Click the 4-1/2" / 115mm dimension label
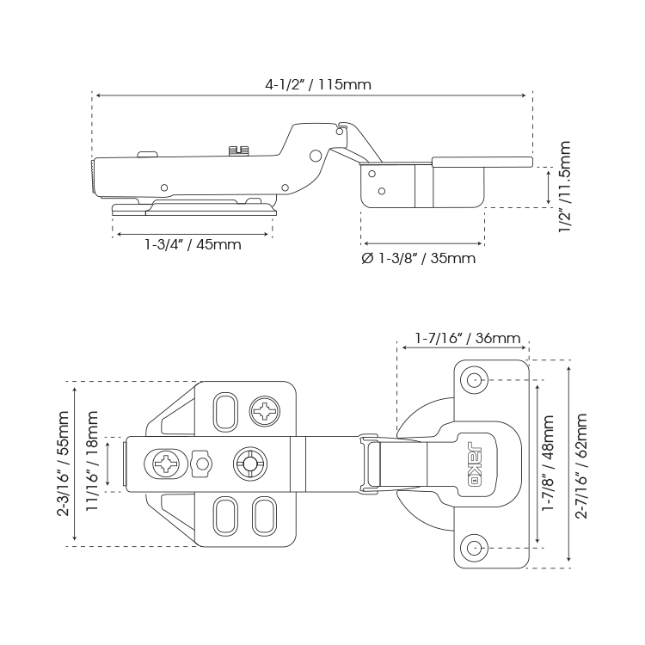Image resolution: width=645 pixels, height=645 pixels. click(x=318, y=85)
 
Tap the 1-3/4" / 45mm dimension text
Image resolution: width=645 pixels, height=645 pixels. click(x=193, y=245)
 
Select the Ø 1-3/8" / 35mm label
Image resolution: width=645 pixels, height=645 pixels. click(x=418, y=258)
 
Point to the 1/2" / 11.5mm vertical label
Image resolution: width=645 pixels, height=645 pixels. click(x=565, y=187)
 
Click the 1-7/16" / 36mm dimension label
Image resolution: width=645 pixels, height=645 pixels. click(x=468, y=338)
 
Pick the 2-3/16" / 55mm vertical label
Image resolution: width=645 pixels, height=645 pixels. click(x=63, y=464)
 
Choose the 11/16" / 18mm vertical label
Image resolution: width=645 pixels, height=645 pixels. click(x=92, y=461)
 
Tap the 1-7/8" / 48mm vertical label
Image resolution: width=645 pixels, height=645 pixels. click(x=548, y=463)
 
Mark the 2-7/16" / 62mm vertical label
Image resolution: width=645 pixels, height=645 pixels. click(x=581, y=465)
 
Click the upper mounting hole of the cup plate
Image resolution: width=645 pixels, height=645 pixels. click(x=474, y=379)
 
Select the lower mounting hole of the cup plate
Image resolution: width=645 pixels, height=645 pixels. click(x=474, y=548)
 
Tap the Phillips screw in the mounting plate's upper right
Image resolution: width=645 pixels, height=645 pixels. click(x=265, y=411)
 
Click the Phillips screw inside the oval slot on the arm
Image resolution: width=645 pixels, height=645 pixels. click(x=166, y=464)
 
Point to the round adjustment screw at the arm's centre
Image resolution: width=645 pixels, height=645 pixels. click(x=249, y=464)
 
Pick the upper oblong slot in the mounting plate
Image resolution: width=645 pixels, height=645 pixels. click(x=225, y=412)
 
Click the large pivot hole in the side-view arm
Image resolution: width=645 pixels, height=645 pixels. click(x=316, y=155)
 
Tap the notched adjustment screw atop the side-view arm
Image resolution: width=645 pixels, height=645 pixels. click(x=239, y=150)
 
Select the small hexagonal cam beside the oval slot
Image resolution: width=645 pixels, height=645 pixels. click(x=201, y=464)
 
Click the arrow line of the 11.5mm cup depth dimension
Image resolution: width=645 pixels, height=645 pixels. click(x=549, y=187)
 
